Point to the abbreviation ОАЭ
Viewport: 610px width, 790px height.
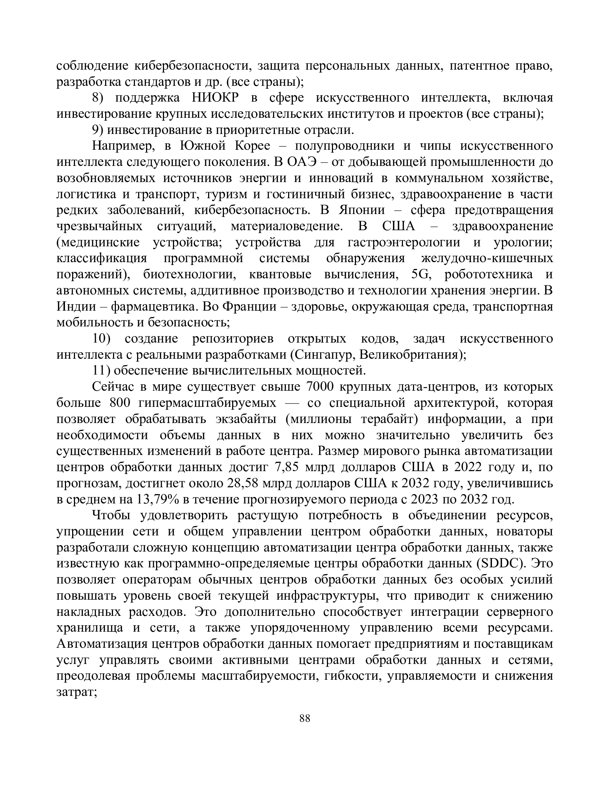(x=302, y=162)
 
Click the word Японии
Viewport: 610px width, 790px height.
(x=362, y=210)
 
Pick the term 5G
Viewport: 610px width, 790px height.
(x=419, y=274)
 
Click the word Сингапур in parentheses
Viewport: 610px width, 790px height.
(x=324, y=354)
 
